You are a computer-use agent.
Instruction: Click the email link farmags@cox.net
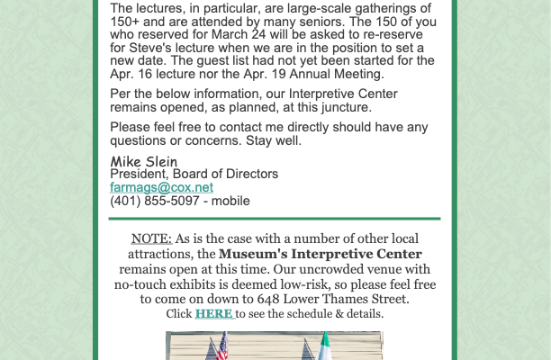[x=161, y=187]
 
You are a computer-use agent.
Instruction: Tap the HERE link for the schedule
[x=213, y=314]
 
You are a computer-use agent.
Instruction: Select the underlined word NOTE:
[x=150, y=238]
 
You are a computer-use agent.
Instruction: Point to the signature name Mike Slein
[x=143, y=161]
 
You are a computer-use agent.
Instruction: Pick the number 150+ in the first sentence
[x=127, y=22]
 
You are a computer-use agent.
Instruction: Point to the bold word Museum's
[x=256, y=254]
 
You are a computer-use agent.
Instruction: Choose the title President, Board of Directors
[x=194, y=174]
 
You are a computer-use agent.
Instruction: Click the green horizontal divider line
[x=275, y=219]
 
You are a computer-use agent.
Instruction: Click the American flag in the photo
[x=221, y=346]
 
